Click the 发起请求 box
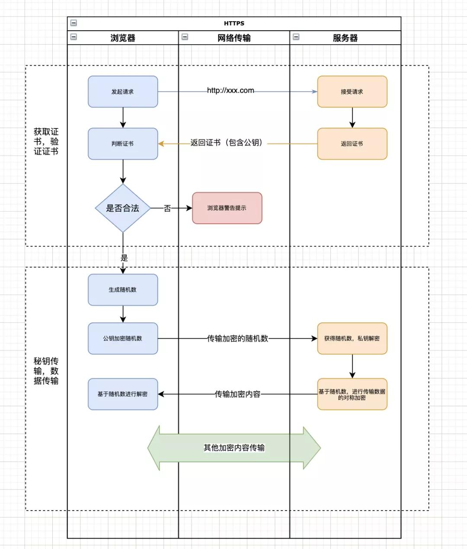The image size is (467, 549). click(123, 92)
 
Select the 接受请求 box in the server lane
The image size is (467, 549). click(352, 92)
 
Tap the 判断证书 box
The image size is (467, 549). click(123, 144)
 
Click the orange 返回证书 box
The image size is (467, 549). click(352, 144)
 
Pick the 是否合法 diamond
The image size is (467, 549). click(123, 208)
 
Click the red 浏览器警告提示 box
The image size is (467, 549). click(227, 208)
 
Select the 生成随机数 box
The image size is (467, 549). click(123, 290)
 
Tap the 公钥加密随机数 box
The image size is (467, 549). click(123, 338)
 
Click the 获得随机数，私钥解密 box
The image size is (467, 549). click(352, 338)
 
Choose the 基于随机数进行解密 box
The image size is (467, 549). click(123, 394)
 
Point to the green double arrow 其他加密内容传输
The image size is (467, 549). click(234, 448)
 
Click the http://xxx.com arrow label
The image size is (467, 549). click(230, 90)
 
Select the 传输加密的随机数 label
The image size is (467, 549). click(237, 338)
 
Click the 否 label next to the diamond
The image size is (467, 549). click(167, 209)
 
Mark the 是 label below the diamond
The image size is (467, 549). click(124, 258)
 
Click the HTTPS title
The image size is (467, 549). click(234, 23)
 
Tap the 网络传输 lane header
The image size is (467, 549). click(234, 38)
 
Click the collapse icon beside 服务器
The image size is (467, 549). click(296, 37)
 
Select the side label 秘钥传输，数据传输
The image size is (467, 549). click(46, 371)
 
